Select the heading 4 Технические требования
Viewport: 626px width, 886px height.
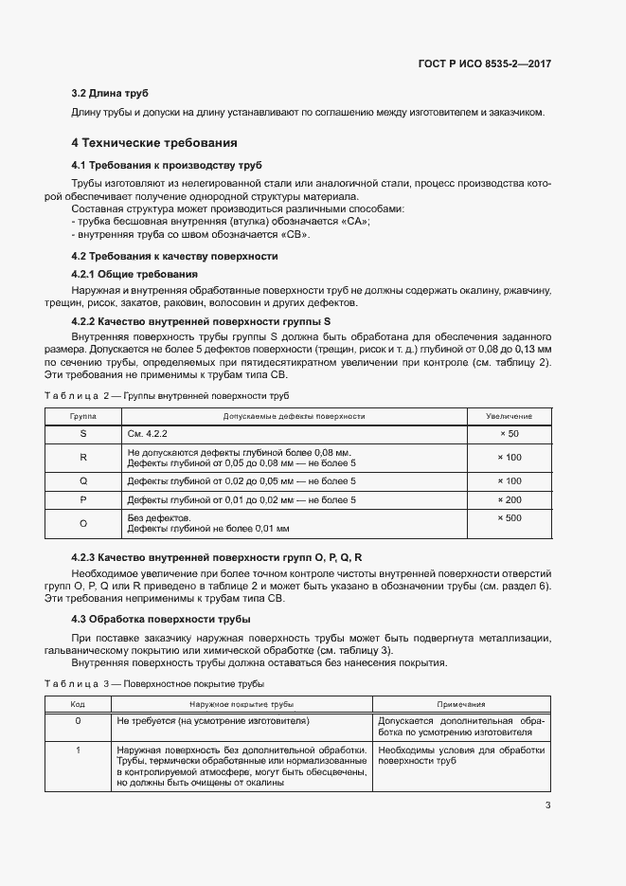tap(153, 143)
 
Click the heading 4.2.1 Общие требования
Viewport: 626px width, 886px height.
tap(134, 274)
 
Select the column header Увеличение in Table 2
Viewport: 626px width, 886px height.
tap(509, 416)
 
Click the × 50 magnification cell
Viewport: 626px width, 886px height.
tap(509, 433)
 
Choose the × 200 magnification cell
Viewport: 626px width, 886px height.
tap(509, 498)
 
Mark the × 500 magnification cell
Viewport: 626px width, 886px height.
tap(509, 518)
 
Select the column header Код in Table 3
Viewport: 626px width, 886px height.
tap(78, 704)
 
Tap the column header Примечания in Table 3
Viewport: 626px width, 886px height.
tap(461, 704)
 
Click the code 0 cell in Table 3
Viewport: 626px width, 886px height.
tap(78, 721)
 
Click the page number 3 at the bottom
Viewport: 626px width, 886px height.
tap(547, 806)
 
